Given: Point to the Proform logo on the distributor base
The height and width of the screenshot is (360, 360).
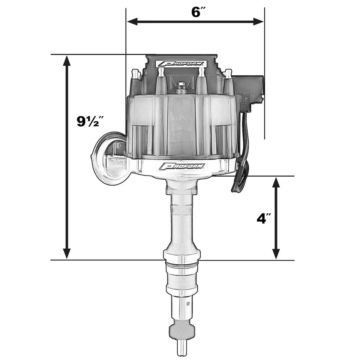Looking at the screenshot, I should coord(182,166).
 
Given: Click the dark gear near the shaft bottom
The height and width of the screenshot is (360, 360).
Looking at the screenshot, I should coord(182,330).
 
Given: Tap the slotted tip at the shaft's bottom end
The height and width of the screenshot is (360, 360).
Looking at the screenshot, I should coord(182,349).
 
